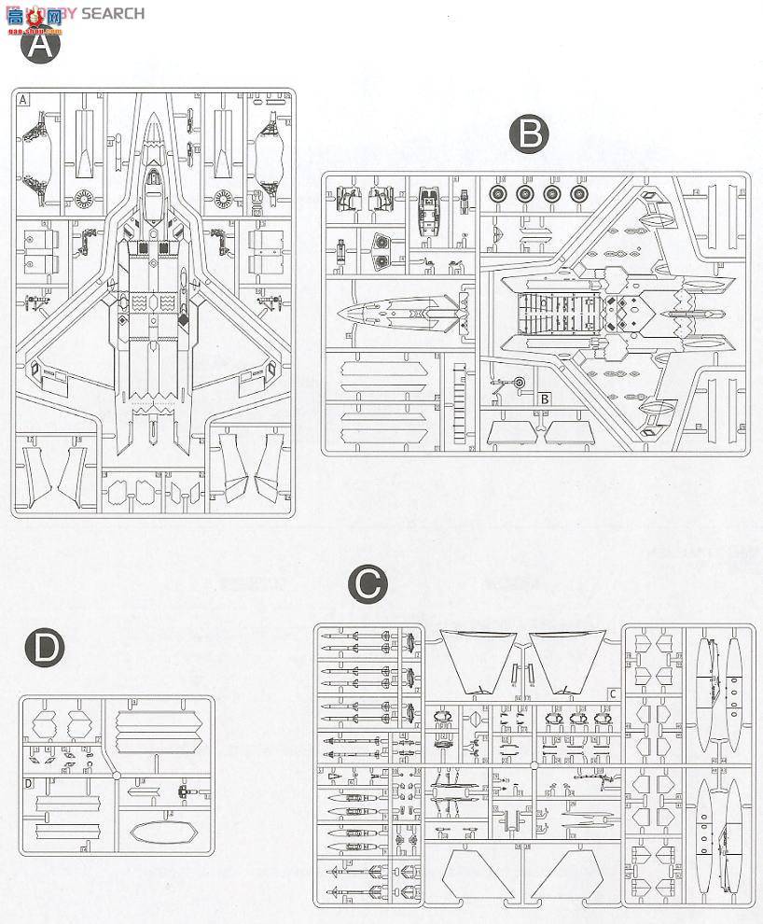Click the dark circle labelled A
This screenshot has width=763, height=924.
tap(39, 47)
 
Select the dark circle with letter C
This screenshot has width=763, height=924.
tap(367, 585)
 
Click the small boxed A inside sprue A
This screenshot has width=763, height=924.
tap(22, 99)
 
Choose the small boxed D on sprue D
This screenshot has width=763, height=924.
tap(28, 782)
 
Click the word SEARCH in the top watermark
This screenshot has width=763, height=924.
tap(113, 13)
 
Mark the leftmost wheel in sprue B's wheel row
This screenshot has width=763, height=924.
tap(498, 194)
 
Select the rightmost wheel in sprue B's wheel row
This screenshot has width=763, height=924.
tap(580, 194)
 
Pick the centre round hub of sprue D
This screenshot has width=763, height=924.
tap(116, 774)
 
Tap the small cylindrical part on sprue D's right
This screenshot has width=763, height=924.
tap(184, 792)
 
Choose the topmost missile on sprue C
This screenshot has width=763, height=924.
tap(354, 638)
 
